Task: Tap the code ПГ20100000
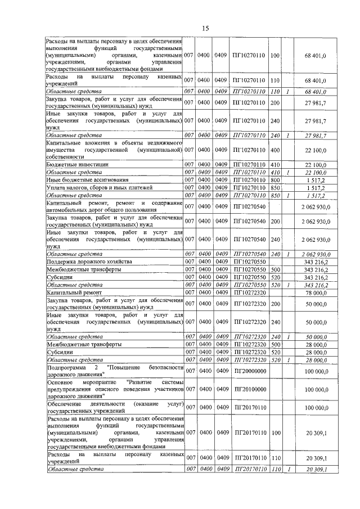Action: coord(249,389)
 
